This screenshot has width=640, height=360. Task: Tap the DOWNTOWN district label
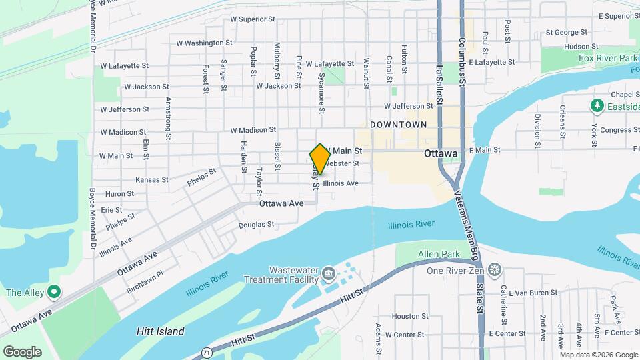[398, 125]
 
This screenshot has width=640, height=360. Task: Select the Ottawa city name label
[441, 153]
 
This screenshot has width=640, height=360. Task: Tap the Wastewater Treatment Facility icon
[328, 274]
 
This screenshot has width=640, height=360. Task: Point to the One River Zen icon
[494, 270]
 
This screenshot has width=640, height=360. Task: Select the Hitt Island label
[160, 331]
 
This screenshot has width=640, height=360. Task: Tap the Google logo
[22, 352]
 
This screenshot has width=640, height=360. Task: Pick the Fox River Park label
[590, 58]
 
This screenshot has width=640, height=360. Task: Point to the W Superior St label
[253, 19]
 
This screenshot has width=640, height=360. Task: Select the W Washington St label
[204, 43]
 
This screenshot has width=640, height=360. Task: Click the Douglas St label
[257, 225]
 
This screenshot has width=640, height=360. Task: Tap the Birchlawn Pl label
[146, 283]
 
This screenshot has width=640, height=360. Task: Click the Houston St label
[409, 316]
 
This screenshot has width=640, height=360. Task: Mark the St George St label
[566, 31]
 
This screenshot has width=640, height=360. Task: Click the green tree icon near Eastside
[597, 107]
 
